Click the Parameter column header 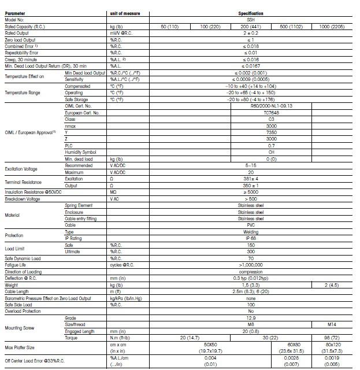coord(17,13)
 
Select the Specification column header coord(251,13)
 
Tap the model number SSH coord(251,19)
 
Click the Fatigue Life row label coord(17,264)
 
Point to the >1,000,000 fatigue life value coord(251,264)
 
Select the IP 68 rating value coord(251,237)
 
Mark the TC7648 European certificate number coord(251,113)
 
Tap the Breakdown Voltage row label coord(24,198)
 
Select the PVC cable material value coord(251,225)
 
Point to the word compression coord(251,271)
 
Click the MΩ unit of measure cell coord(113,192)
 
